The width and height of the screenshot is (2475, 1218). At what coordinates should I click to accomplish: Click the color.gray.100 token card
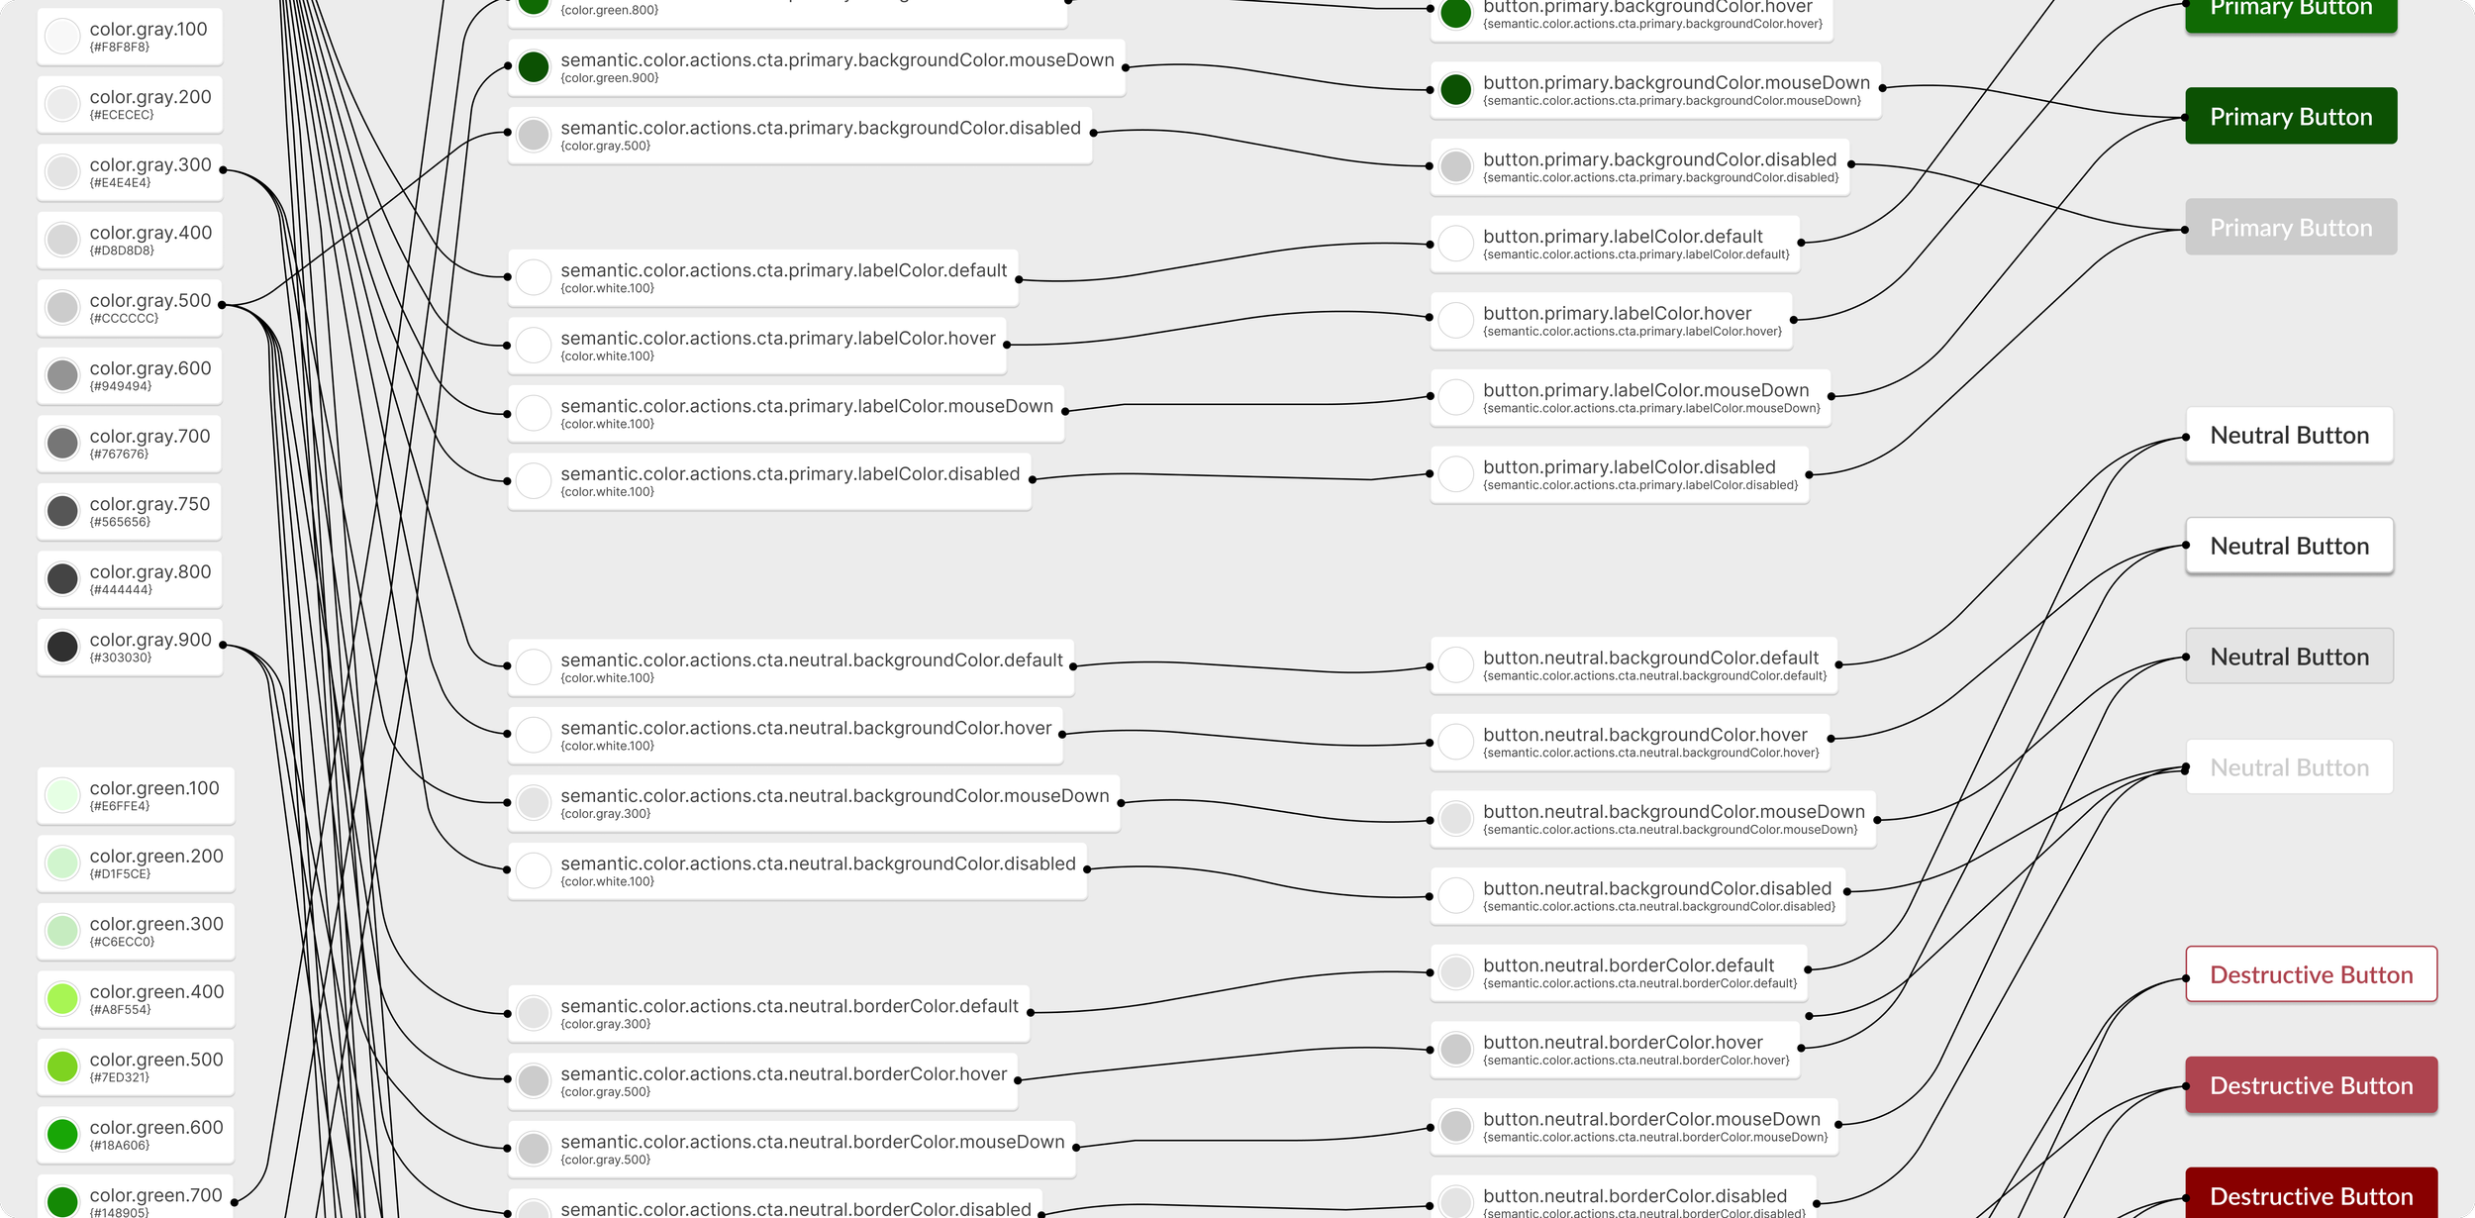click(130, 37)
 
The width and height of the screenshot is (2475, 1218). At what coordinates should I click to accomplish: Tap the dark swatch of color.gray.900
click(62, 647)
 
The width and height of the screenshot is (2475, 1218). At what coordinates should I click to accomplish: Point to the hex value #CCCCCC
click(124, 319)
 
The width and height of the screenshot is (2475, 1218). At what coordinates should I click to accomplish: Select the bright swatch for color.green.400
click(62, 998)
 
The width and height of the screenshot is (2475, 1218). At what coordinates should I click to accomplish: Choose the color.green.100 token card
click(136, 795)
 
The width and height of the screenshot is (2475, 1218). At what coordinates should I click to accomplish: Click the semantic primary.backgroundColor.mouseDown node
click(816, 67)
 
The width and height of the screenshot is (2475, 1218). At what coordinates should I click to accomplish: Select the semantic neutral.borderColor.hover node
click(762, 1081)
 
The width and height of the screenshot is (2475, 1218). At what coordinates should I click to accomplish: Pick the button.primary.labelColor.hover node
click(1611, 321)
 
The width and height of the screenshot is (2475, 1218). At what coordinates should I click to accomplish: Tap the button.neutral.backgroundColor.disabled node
click(1637, 896)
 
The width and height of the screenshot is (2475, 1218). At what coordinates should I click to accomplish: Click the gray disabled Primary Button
click(2290, 228)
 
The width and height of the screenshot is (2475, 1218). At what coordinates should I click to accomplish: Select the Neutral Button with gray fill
click(2289, 657)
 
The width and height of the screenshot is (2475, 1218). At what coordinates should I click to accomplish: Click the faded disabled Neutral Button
click(2289, 767)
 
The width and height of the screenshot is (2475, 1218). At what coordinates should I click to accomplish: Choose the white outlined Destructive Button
click(2311, 975)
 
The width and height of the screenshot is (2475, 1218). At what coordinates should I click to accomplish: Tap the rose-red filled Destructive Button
click(2311, 1086)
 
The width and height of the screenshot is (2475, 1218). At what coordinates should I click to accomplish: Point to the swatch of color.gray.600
click(62, 375)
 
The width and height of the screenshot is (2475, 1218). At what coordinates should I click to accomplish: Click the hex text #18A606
click(120, 1146)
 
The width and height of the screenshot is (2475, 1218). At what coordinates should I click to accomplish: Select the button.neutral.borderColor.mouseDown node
click(1633, 1127)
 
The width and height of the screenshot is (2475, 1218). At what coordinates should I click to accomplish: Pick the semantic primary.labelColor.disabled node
click(769, 481)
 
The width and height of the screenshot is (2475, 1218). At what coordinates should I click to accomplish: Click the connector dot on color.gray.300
click(223, 169)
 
